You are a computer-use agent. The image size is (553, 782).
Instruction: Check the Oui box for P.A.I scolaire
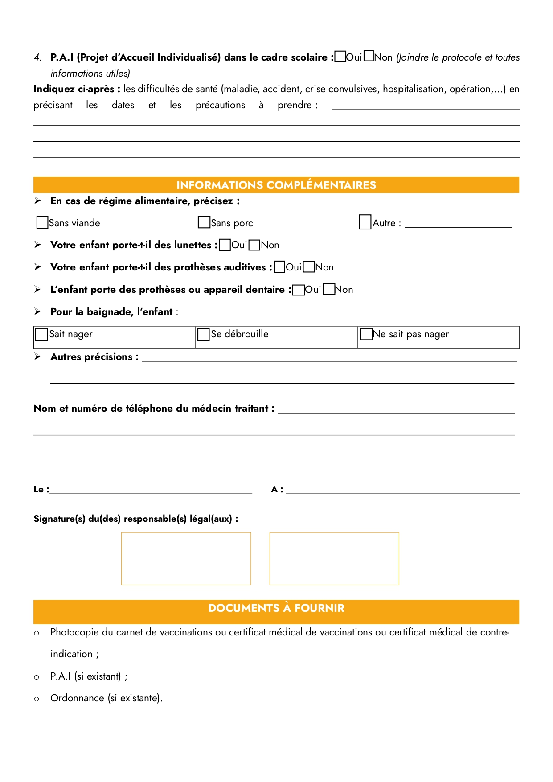pyautogui.click(x=340, y=57)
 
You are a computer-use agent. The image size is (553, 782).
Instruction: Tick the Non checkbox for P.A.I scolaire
pyautogui.click(x=369, y=57)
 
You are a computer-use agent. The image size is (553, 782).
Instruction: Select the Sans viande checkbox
pyautogui.click(x=42, y=222)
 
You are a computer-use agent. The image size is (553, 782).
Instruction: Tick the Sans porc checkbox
pyautogui.click(x=204, y=222)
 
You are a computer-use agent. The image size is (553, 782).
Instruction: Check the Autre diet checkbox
pyautogui.click(x=365, y=222)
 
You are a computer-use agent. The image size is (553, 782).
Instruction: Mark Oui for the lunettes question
pyautogui.click(x=225, y=245)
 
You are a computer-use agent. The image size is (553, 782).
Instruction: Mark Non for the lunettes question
pyautogui.click(x=254, y=245)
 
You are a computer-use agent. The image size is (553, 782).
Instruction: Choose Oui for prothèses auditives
pyautogui.click(x=279, y=267)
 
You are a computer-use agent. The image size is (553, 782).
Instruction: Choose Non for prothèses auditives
pyautogui.click(x=309, y=267)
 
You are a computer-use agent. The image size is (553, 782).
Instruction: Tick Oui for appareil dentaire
pyautogui.click(x=299, y=290)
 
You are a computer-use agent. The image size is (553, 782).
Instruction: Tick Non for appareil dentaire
pyautogui.click(x=329, y=289)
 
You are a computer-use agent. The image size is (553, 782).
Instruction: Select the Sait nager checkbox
pyautogui.click(x=41, y=334)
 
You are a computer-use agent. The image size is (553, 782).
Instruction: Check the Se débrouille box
pyautogui.click(x=204, y=334)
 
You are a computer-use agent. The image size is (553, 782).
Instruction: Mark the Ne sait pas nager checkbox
pyautogui.click(x=366, y=334)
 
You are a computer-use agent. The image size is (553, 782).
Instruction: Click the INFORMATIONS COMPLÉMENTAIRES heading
pyautogui.click(x=276, y=185)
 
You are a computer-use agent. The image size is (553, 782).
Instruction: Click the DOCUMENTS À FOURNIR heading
pyautogui.click(x=276, y=608)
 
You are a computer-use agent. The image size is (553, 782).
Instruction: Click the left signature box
pyautogui.click(x=186, y=558)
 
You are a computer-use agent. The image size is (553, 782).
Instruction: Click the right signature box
pyautogui.click(x=334, y=558)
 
